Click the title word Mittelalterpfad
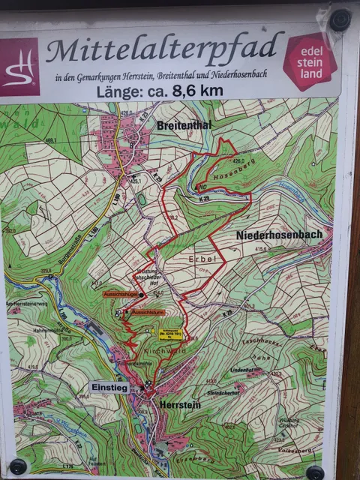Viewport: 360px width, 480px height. (165, 50)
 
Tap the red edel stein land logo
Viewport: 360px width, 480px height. (309, 61)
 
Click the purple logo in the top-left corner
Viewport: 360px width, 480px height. (19, 67)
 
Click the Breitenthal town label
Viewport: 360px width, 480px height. (184, 125)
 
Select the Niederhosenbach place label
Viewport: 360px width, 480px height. (279, 235)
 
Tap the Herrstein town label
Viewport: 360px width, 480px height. (179, 403)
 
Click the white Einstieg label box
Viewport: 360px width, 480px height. (109, 387)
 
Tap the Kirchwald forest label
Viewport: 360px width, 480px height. (171, 350)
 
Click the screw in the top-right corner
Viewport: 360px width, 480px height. (340, 19)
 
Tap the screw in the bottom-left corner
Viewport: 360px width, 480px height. (18, 466)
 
